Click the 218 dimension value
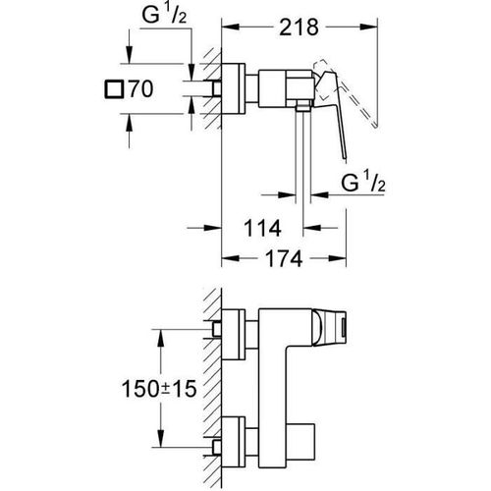point(299,27)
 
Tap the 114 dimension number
point(262,228)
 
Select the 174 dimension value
point(284,259)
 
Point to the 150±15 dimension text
point(159,389)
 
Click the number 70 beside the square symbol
point(140,89)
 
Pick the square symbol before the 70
point(114,89)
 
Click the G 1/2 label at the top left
point(164,15)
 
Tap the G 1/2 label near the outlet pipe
point(363,183)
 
